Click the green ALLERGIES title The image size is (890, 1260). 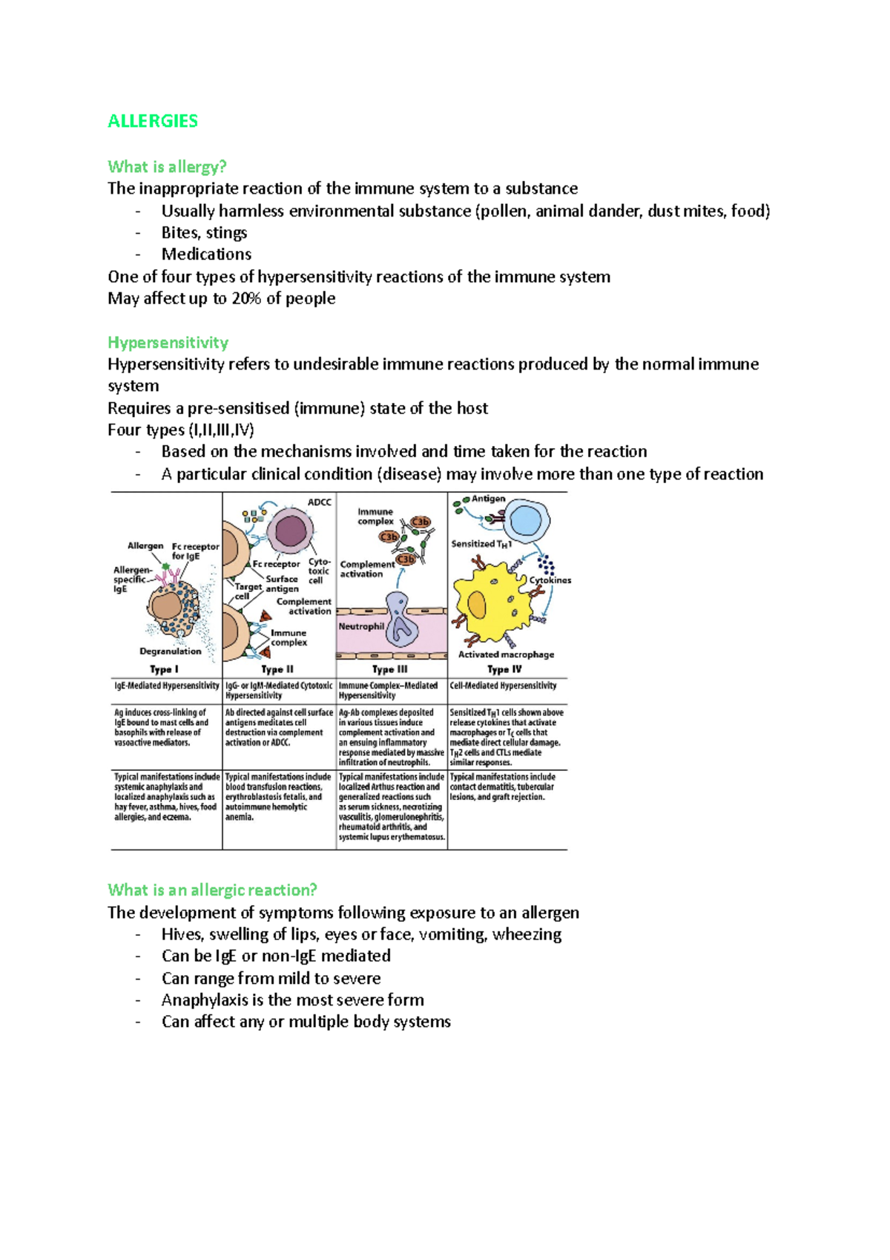[153, 121]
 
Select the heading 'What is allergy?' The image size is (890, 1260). [167, 166]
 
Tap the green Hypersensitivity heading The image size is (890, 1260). [168, 342]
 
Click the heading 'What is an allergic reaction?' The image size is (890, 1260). [212, 890]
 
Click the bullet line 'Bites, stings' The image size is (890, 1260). [204, 233]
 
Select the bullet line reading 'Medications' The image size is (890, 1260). [206, 255]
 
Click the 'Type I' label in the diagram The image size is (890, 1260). [164, 669]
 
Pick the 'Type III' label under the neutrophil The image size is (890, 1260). [390, 669]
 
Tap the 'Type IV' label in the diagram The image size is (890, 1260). [504, 669]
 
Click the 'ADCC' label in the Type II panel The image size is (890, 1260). [320, 502]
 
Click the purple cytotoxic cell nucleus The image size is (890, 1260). [290, 530]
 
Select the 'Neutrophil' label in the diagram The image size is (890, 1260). [361, 626]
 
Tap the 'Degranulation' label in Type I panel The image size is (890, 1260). [171, 652]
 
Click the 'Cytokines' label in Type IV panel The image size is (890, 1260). [550, 580]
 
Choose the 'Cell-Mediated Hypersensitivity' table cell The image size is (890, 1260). [503, 686]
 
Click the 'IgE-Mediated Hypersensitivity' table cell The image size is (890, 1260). [167, 686]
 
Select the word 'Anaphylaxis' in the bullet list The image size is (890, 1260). [205, 1000]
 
